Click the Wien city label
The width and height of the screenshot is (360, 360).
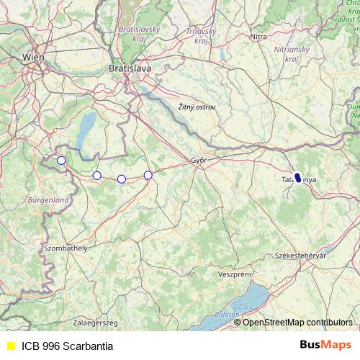tap(33, 56)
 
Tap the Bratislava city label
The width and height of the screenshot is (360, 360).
tap(130, 68)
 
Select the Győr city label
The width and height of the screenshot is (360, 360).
tap(199, 161)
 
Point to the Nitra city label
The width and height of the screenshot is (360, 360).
tap(258, 36)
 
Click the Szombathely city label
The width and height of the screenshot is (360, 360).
tap(66, 248)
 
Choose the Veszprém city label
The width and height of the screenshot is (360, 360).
tap(234, 274)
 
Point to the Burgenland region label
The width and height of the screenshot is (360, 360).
tap(48, 199)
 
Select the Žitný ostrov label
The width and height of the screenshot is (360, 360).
tap(197, 107)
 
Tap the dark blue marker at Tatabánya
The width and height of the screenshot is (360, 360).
tap(298, 177)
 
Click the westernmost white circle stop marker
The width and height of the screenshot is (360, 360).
tap(61, 161)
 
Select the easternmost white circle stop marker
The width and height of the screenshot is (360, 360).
tap(148, 175)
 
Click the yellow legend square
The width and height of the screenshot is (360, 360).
tap(11, 346)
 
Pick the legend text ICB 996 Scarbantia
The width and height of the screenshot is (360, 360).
tap(67, 346)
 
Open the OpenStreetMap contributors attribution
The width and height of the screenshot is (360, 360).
tap(297, 323)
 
